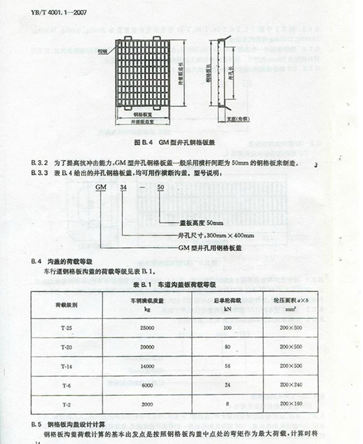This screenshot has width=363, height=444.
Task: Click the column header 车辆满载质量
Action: (x=145, y=300)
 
